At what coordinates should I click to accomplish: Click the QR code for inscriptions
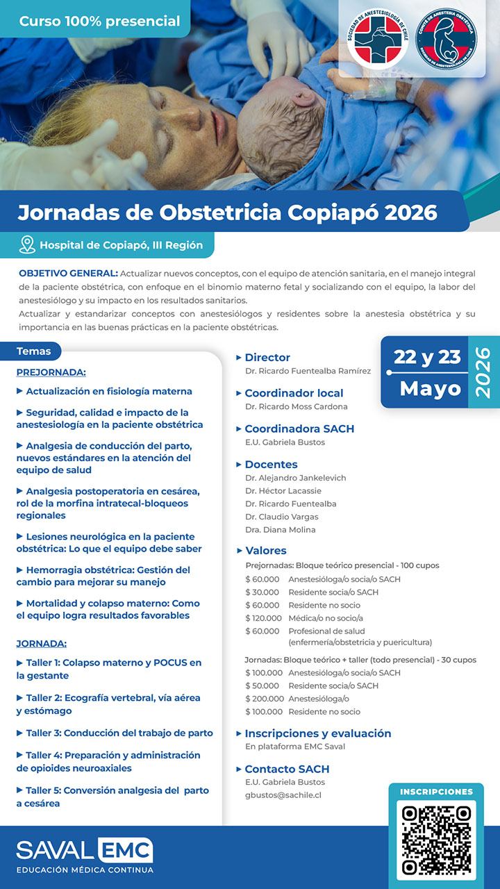coord(436,839)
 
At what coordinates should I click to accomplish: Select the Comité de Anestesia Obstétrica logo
coord(447,40)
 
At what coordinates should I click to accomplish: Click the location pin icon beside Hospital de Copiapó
coord(27,244)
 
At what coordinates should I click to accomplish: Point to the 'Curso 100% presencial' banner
coord(99,22)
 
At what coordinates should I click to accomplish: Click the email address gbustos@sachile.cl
coord(283,795)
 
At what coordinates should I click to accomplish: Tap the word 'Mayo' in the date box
coord(430,388)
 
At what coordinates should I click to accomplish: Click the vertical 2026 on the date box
coord(483,372)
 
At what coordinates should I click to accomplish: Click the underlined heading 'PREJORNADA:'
coord(51,372)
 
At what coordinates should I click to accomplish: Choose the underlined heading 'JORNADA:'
coord(41,644)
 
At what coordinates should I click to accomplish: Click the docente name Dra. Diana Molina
coord(280,530)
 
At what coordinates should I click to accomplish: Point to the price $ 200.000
coord(264,699)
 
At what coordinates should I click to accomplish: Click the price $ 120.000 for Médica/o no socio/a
coord(264,618)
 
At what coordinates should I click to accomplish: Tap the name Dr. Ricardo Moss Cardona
coord(297,406)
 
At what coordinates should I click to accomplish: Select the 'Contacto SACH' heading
coord(287,769)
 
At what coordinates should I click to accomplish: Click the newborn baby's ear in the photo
coord(303,98)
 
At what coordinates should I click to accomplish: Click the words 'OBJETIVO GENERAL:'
coord(69,274)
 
